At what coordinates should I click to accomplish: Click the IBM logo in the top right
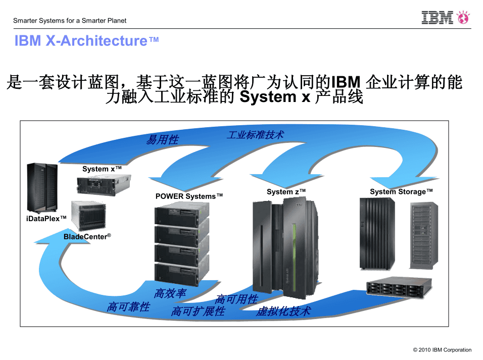438,18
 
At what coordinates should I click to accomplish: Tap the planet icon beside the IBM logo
463,18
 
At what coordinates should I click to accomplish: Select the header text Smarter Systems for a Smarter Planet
70,21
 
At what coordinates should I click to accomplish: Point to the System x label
102,169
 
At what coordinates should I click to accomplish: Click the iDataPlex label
46,218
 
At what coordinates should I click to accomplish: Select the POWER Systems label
189,196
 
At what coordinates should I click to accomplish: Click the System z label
286,192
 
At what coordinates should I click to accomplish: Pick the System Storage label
401,192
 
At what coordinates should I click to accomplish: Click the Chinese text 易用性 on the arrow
162,140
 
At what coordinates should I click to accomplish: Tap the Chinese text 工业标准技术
255,135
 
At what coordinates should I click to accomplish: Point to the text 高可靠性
128,306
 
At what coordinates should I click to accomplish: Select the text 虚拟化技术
283,311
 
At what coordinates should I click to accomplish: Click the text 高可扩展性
198,311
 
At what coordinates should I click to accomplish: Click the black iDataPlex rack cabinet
42,187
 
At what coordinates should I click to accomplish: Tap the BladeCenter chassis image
89,216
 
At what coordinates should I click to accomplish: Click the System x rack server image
104,185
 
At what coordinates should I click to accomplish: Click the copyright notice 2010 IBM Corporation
442,350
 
